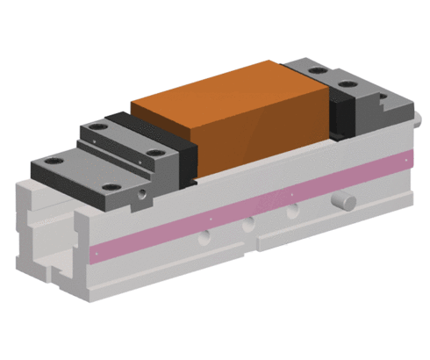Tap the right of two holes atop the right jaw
click(352, 85)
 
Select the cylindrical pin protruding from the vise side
click(346, 201)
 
